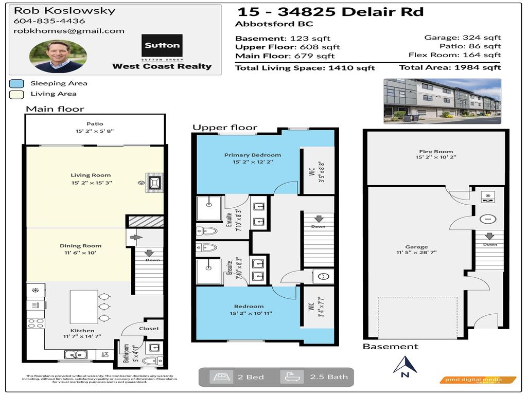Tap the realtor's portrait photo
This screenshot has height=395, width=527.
click(58, 56)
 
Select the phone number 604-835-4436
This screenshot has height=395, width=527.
click(49, 21)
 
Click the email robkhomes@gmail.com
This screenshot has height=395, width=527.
click(69, 31)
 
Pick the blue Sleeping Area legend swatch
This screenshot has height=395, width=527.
click(16, 83)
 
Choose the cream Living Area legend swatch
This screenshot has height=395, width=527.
click(16, 94)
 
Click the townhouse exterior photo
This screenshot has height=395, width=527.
click(442, 101)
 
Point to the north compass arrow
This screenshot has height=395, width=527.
click(405, 365)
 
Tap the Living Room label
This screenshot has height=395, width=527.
click(91, 175)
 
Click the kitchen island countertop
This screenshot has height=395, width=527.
click(84, 307)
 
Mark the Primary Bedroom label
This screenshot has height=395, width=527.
click(252, 155)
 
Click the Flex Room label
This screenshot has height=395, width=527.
click(435, 152)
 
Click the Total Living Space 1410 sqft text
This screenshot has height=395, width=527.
click(305, 68)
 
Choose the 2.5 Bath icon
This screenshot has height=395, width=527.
click(292, 377)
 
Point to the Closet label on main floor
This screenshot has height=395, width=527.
click(149, 328)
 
